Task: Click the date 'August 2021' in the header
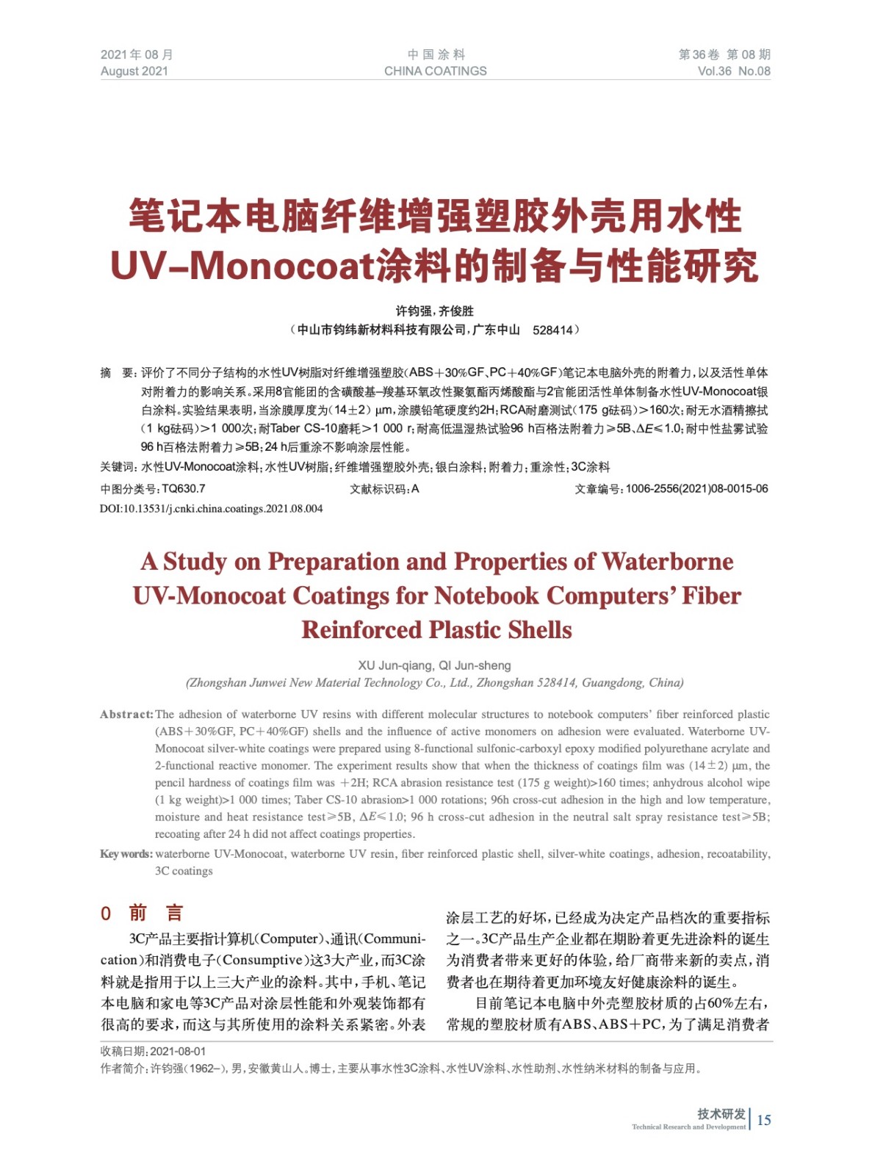click(x=134, y=71)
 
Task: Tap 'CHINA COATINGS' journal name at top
click(x=435, y=71)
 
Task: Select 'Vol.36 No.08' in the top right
click(x=733, y=71)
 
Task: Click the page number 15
click(x=764, y=1120)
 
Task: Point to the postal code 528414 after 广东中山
click(x=552, y=330)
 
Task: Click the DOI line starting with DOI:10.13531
click(x=212, y=509)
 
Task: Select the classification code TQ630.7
click(x=184, y=489)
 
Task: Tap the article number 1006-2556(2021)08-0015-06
click(x=696, y=489)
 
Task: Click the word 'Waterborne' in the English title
click(x=667, y=562)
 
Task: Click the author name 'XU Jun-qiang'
click(x=395, y=665)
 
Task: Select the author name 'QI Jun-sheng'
click(x=475, y=665)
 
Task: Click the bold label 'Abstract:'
click(x=126, y=715)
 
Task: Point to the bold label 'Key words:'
click(x=126, y=854)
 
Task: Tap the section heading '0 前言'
click(x=142, y=913)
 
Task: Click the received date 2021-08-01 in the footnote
click(x=179, y=1052)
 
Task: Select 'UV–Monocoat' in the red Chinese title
click(x=242, y=265)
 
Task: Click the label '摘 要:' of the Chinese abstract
click(x=118, y=373)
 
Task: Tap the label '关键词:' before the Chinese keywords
click(x=118, y=467)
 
